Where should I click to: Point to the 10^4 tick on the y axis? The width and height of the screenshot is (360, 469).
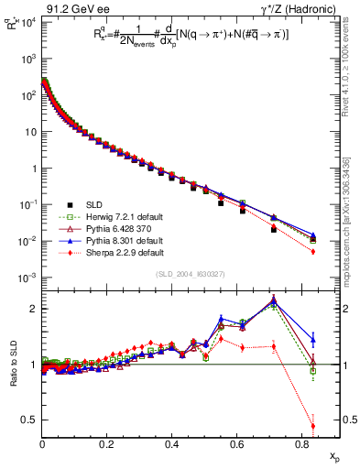pos(29,22)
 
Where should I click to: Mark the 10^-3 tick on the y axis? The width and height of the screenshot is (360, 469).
pos(28,278)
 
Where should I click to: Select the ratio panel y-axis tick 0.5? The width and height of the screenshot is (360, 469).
pos(31,420)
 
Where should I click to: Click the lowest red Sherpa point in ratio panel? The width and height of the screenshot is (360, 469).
pos(313,426)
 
